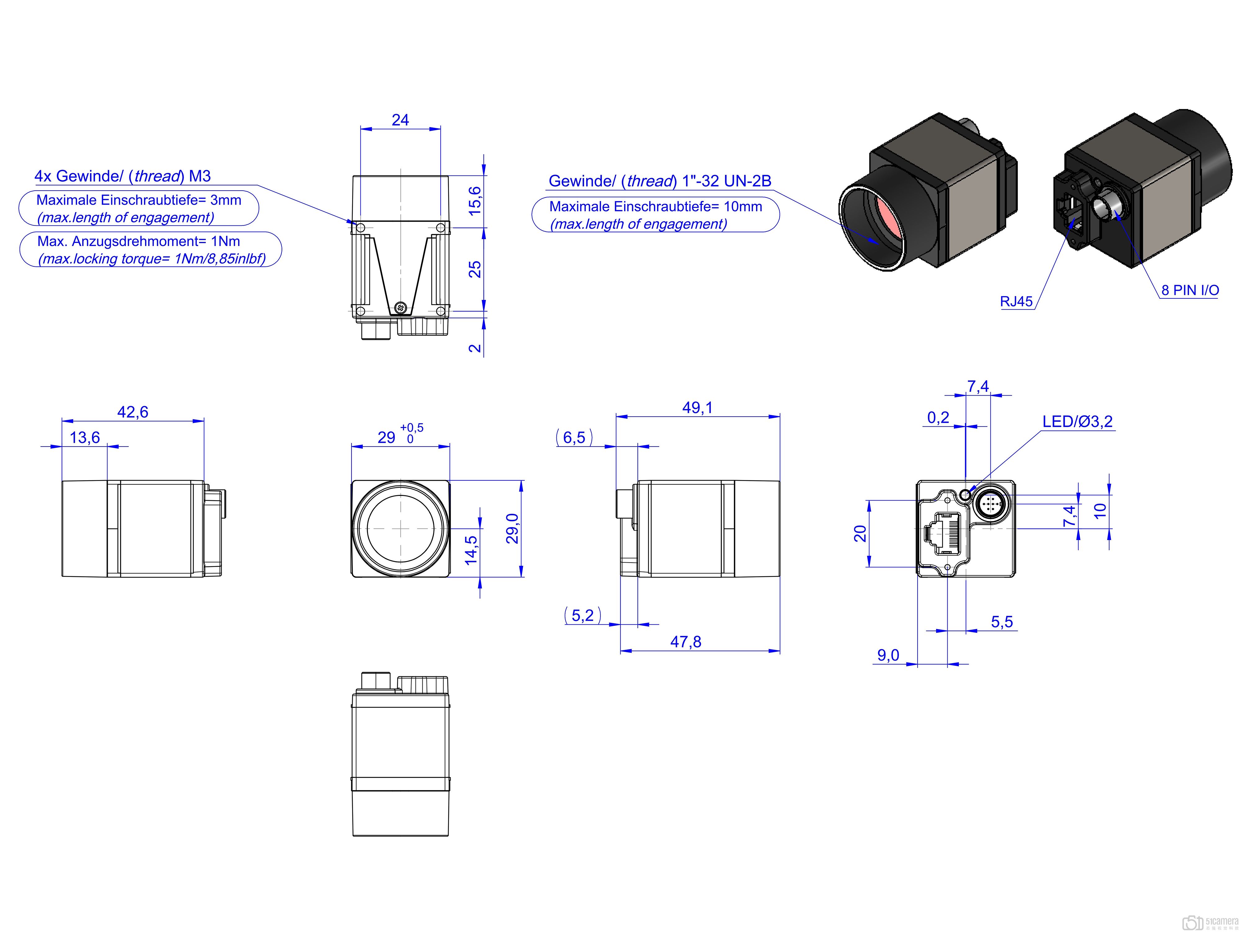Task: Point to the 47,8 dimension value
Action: [x=686, y=642]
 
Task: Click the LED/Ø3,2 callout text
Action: [x=1077, y=421]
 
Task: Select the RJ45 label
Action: [x=1016, y=302]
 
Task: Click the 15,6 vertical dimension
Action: [x=475, y=200]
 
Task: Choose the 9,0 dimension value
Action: [x=888, y=655]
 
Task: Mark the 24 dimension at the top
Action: [x=400, y=120]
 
